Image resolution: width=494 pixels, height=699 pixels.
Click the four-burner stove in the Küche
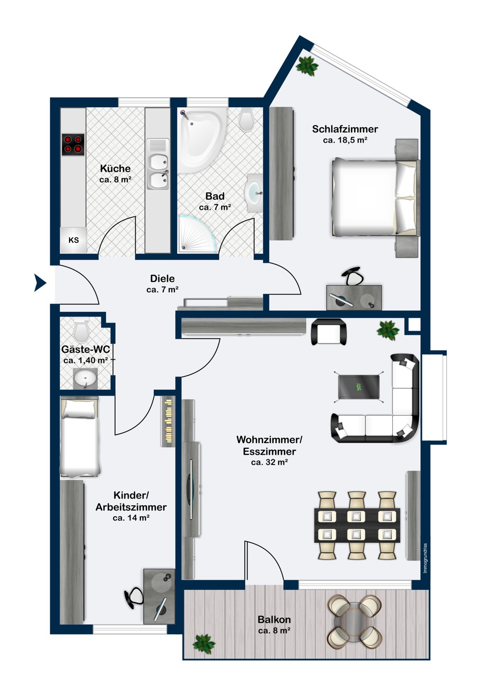click(73, 144)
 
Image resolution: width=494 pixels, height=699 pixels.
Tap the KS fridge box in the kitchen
click(74, 240)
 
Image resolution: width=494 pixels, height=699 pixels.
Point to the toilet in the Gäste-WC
click(82, 331)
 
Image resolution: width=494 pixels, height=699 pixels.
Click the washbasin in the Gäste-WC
click(86, 377)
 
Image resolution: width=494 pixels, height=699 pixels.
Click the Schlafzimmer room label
click(345, 129)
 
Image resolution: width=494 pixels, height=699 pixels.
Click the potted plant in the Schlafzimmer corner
click(307, 65)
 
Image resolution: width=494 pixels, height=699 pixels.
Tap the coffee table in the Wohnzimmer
click(358, 386)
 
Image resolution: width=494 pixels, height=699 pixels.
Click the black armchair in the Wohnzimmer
click(329, 332)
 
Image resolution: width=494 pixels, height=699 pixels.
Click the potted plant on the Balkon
click(204, 644)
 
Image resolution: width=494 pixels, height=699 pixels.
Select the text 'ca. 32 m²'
click(269, 462)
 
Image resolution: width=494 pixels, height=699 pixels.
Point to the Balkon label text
click(274, 620)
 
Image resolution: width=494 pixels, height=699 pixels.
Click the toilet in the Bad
click(246, 120)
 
